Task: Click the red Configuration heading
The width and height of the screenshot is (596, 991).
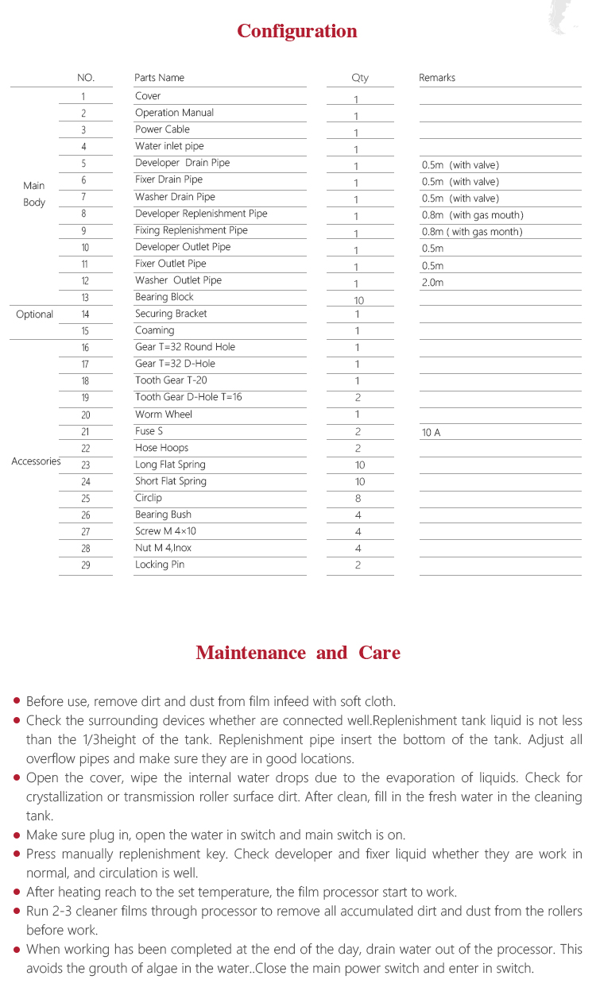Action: pos(297,32)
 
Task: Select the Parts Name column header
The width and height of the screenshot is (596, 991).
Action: pos(159,78)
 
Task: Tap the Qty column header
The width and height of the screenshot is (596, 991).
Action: pos(360,78)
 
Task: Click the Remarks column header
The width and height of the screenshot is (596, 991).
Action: pos(437,78)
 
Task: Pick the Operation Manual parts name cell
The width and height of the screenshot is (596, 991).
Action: pos(174,113)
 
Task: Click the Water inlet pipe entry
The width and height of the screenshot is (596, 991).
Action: pos(169,146)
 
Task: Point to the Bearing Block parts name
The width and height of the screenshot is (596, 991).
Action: pos(164,297)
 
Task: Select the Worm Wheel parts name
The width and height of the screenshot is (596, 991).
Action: pos(164,415)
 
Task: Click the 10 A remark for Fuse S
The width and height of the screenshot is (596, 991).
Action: pos(431,433)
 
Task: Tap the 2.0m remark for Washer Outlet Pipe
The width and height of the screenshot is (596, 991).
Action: pos(433,283)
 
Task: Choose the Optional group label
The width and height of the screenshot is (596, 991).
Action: pos(34,314)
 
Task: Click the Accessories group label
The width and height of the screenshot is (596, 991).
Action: pos(36,461)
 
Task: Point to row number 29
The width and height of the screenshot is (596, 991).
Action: pos(85,565)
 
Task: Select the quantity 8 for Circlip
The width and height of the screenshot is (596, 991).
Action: pos(358,499)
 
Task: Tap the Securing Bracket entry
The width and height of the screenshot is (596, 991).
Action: pos(171,314)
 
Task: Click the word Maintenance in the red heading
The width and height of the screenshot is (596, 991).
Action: pos(250,653)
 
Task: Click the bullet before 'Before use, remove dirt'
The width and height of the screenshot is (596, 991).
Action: pos(17,701)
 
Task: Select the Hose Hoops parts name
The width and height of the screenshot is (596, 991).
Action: pos(161,448)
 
